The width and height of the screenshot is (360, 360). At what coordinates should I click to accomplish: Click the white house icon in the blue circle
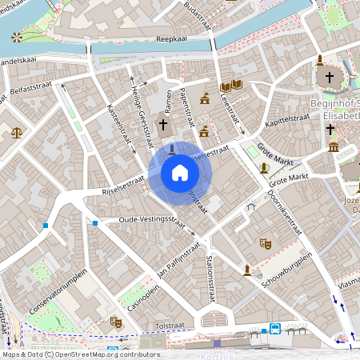[179, 173]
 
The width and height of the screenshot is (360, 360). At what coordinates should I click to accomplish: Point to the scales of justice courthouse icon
[17, 132]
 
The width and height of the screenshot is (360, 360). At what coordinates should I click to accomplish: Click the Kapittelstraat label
[288, 118]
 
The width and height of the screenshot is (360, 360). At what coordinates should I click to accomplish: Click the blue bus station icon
[275, 328]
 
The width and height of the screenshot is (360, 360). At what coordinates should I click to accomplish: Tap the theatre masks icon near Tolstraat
[115, 321]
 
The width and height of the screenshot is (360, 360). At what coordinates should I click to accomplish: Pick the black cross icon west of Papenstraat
[163, 125]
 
